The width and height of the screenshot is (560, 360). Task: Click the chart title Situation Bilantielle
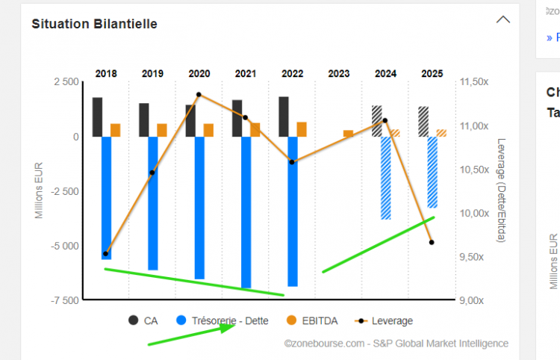tap(94, 23)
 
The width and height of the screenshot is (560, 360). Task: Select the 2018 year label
tap(106, 74)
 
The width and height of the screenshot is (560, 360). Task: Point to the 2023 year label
tap(338, 74)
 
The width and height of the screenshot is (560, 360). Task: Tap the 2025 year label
tap(432, 74)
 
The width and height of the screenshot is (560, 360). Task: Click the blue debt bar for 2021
tap(246, 212)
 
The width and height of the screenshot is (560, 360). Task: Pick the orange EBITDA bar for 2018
tap(116, 130)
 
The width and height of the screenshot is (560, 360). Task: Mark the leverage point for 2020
tap(199, 95)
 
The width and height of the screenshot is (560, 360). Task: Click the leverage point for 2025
tap(432, 242)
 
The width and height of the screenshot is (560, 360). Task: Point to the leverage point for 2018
tap(106, 254)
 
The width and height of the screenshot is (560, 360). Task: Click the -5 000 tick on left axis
tap(64, 246)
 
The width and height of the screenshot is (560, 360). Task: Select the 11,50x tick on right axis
tap(474, 82)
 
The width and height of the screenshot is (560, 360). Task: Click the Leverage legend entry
tap(385, 320)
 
